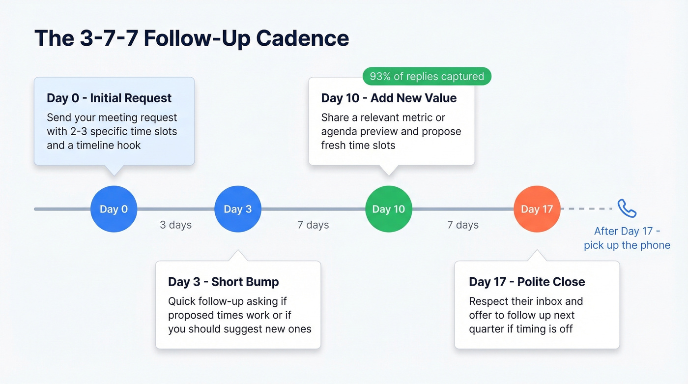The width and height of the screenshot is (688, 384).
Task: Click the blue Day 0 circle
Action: (114, 209)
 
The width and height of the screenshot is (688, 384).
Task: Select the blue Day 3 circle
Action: (238, 209)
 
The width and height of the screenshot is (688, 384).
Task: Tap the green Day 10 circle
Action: (389, 209)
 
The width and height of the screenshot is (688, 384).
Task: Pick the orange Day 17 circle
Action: (537, 209)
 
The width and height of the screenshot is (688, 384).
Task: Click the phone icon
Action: (627, 208)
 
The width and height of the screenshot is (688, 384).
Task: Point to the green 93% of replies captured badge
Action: (427, 76)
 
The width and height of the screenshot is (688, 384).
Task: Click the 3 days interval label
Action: (175, 225)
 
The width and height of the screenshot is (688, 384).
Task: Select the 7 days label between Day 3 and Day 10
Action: (313, 225)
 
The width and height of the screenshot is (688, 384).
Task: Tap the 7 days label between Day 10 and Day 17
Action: (462, 225)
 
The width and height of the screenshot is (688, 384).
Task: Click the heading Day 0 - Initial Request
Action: (109, 98)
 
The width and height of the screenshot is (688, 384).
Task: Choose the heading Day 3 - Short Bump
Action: (224, 282)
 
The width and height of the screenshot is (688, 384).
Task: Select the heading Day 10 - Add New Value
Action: (389, 98)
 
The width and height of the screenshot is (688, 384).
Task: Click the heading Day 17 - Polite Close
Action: (527, 282)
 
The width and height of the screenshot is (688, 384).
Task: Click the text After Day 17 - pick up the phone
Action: (627, 238)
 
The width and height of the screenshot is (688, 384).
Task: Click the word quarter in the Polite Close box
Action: (489, 329)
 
